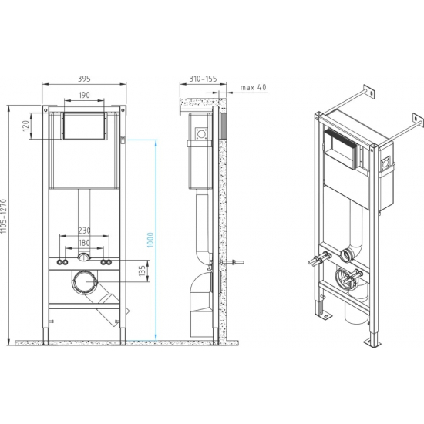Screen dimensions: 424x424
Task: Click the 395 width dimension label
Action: [x=84, y=79]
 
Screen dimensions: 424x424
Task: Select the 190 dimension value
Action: [x=84, y=95]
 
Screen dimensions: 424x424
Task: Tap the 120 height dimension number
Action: [x=25, y=126]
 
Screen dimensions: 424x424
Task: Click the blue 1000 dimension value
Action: [x=150, y=240]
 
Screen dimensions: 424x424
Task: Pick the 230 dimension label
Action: [x=84, y=231]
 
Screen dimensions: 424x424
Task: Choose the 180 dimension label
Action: [x=84, y=243]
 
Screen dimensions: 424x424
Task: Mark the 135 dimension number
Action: [x=142, y=271]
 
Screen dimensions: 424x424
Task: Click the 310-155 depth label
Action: [x=203, y=79]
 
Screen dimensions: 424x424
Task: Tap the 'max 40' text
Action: [x=253, y=87]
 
